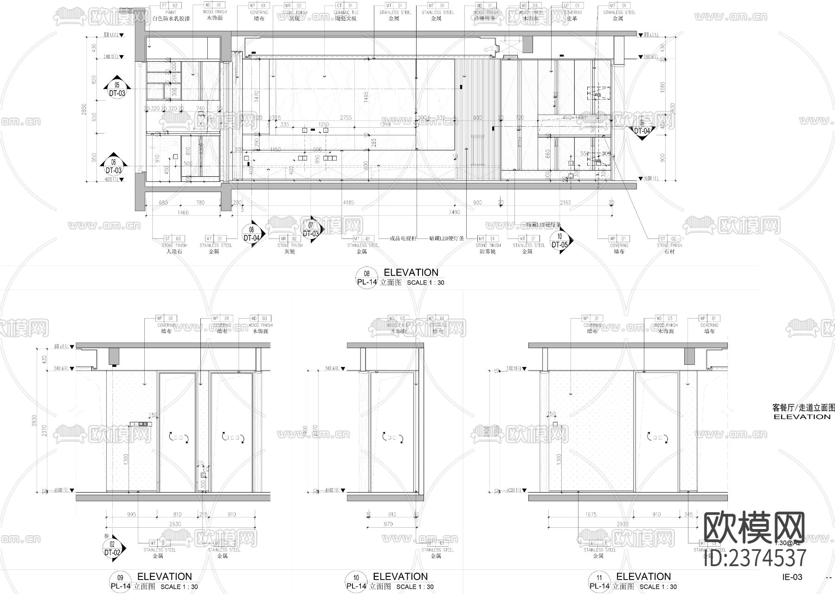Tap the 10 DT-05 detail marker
(x=560, y=241)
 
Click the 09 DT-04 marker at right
(x=642, y=127)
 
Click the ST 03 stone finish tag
(x=174, y=239)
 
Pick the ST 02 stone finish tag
(x=669, y=239)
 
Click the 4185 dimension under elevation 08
(x=348, y=202)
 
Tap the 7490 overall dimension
(x=455, y=212)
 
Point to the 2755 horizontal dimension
(x=346, y=118)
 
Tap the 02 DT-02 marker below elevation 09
(x=113, y=549)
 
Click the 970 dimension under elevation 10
(x=388, y=524)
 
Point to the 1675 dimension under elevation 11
(x=591, y=514)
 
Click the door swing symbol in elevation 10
(x=392, y=437)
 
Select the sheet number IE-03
(x=792, y=577)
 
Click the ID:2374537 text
(x=755, y=557)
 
